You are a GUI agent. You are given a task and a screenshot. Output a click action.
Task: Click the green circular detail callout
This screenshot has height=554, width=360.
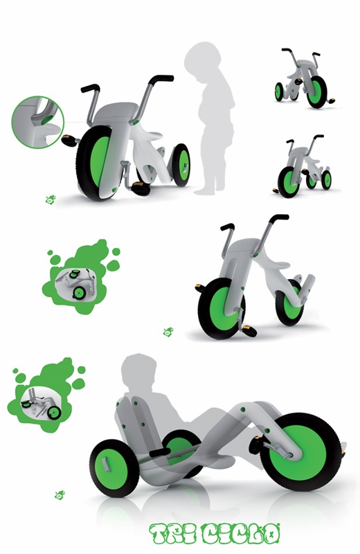(38, 122)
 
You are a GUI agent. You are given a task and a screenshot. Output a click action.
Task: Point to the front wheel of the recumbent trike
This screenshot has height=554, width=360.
(301, 452)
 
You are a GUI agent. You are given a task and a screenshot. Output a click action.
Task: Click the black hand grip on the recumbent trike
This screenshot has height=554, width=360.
(161, 452)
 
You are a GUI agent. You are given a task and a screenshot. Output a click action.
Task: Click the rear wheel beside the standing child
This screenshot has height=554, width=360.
(181, 165)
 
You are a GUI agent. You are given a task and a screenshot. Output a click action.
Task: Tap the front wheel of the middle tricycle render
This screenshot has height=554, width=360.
(222, 308)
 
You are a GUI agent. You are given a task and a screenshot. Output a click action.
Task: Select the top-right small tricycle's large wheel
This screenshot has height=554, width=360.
(316, 92)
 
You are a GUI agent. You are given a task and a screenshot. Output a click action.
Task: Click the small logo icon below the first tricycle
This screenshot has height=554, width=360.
(51, 199)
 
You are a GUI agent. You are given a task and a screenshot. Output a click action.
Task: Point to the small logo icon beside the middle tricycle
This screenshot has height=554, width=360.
(168, 332)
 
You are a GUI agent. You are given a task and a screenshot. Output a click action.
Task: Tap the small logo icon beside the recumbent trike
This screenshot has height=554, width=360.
(60, 495)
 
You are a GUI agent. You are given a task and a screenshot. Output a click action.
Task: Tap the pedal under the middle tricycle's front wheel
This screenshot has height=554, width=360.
(250, 331)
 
